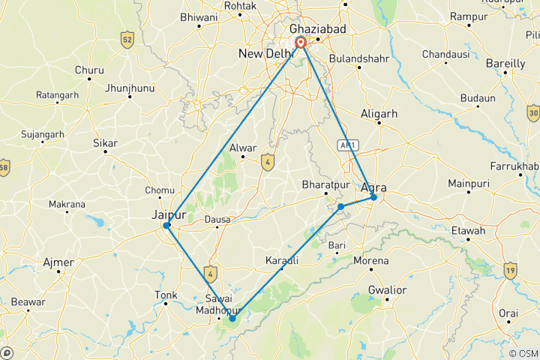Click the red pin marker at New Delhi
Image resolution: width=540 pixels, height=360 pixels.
(301, 43)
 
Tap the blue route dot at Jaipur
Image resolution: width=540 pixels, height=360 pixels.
(167, 225)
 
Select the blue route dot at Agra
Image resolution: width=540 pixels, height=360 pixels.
(373, 197)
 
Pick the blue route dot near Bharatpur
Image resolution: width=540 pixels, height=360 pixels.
(340, 206)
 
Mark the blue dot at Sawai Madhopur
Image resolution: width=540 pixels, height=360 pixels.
(232, 319)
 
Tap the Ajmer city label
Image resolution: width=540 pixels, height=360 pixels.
(59, 262)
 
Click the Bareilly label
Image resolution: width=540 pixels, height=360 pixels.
(505, 64)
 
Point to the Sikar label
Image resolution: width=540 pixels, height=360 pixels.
(104, 142)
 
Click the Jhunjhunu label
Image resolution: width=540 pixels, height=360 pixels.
(129, 88)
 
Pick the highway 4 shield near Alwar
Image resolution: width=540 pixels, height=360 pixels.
(267, 160)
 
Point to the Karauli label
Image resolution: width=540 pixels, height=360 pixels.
(282, 260)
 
